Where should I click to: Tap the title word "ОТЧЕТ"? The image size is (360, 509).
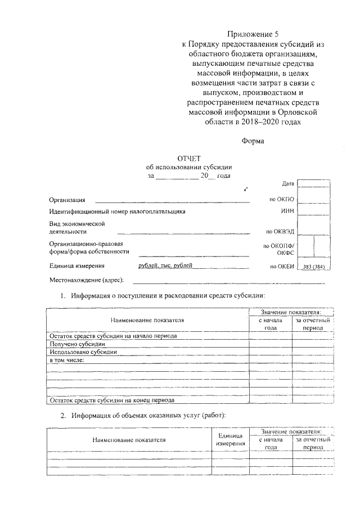(189, 159)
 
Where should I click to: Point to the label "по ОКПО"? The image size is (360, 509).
(282, 199)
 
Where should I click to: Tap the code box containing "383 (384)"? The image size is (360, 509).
(313, 266)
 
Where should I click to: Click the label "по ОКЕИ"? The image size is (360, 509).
(282, 266)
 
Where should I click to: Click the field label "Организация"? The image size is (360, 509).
(67, 200)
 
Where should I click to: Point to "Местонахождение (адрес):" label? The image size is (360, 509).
(86, 280)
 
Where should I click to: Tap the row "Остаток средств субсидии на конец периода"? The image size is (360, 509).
(112, 400)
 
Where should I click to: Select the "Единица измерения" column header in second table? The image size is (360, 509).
(230, 440)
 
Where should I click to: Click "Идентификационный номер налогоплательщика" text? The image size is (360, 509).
(116, 211)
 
